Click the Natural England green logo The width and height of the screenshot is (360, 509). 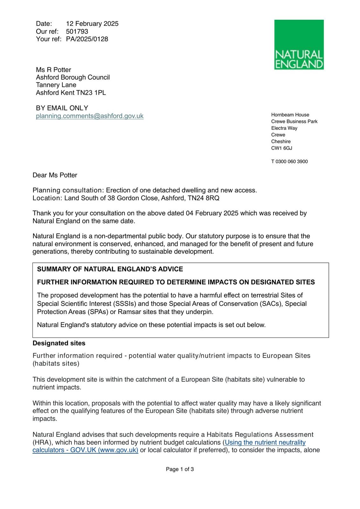click(299, 45)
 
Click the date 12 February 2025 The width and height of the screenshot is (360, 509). click(92, 24)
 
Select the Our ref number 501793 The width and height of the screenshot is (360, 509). click(77, 31)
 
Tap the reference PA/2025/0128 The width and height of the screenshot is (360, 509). click(87, 39)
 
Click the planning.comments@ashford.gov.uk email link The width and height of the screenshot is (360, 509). click(90, 116)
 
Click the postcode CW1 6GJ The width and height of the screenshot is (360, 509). click(282, 148)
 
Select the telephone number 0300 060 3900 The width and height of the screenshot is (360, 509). click(292, 162)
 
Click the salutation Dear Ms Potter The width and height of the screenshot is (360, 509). click(55, 175)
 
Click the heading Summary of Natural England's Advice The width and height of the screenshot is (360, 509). click(110, 269)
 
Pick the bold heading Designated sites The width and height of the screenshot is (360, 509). click(59, 343)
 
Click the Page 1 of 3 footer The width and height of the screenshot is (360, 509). click(180, 469)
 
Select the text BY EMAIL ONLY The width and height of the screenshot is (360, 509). click(62, 108)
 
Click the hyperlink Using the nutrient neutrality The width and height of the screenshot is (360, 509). click(265, 443)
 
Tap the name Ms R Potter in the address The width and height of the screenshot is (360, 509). click(53, 70)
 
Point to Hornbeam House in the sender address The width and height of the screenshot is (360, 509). click(290, 115)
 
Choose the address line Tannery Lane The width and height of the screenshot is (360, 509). click(56, 85)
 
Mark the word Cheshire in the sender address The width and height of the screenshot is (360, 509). click(281, 142)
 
